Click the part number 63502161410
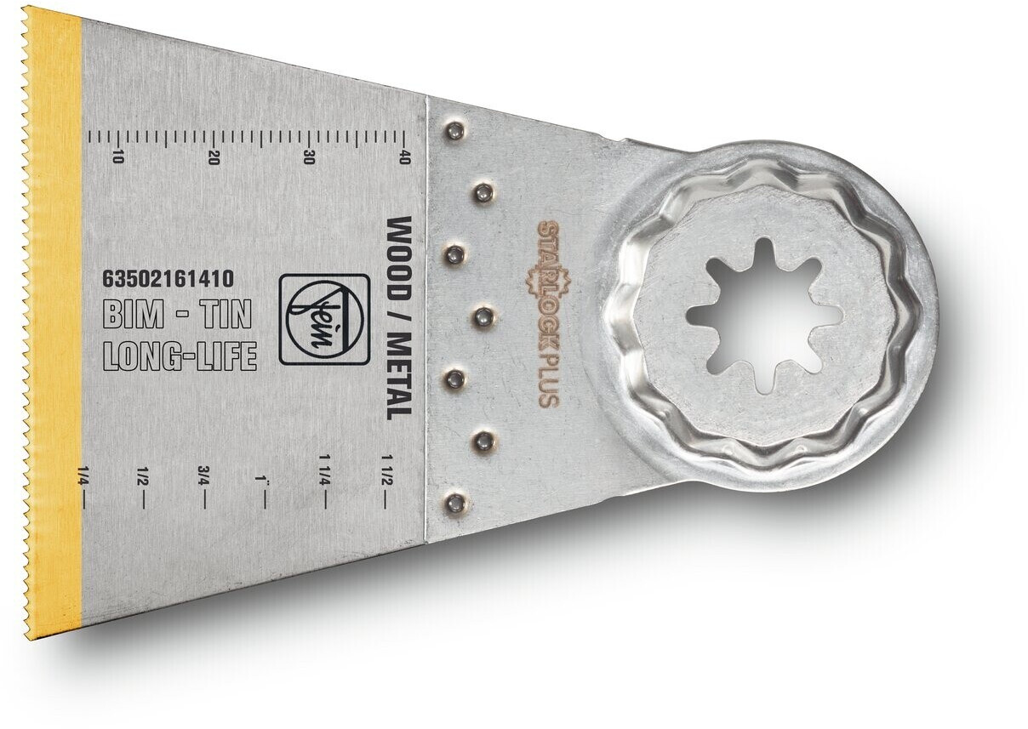pyautogui.click(x=169, y=278)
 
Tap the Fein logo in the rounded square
pyautogui.click(x=324, y=320)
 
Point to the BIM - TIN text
pyautogui.click(x=178, y=316)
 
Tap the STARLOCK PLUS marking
pyautogui.click(x=548, y=314)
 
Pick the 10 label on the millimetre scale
pyautogui.click(x=118, y=157)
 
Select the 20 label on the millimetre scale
pyautogui.click(x=214, y=157)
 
